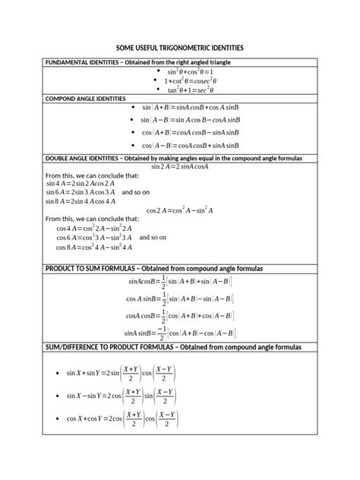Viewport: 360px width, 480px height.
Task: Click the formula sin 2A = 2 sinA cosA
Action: (179, 166)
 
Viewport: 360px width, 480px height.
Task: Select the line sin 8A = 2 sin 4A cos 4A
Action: (81, 201)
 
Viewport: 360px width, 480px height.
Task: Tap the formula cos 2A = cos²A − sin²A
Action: (180, 210)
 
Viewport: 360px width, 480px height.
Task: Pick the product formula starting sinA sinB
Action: (180, 333)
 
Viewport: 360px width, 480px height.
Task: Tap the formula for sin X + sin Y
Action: (122, 374)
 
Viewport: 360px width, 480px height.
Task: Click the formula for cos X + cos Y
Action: (122, 418)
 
